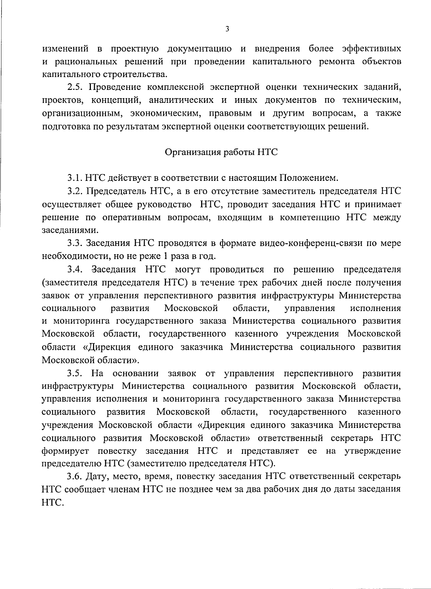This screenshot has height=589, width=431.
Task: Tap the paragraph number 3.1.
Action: (x=75, y=178)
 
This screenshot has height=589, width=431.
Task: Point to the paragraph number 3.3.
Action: (x=75, y=243)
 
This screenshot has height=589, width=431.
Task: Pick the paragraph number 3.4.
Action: (x=75, y=269)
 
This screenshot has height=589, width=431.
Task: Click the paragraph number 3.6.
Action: (x=75, y=477)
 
